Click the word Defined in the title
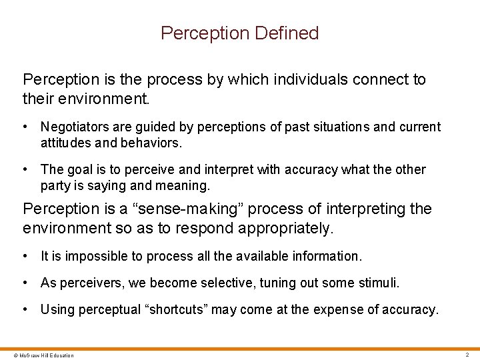point(291,33)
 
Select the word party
point(54,185)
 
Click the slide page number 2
point(467,355)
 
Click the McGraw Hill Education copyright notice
point(38,355)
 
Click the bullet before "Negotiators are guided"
point(25,127)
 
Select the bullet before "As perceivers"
point(25,283)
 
